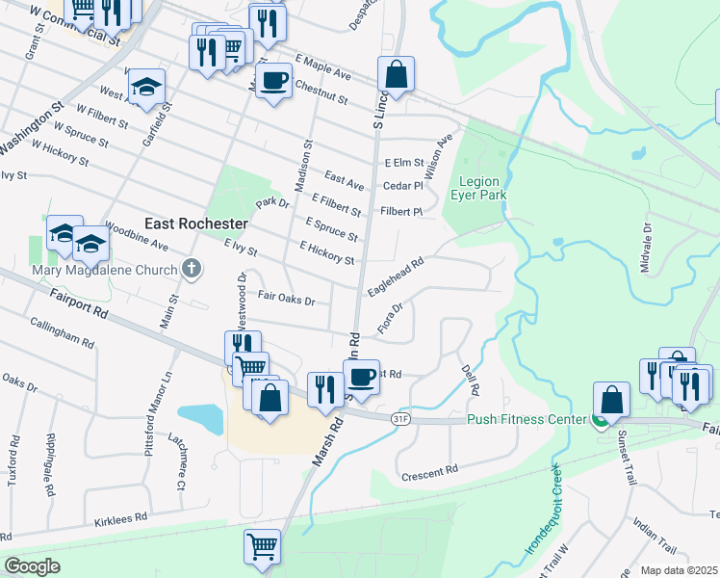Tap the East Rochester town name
coord(195,223)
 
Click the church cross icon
coord(192,269)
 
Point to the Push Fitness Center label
coord(526,420)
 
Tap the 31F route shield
coord(401,419)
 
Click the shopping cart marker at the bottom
coord(262,546)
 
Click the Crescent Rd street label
coord(428,473)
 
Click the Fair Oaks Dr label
coord(286,300)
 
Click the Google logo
coord(32,566)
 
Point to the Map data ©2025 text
coord(679,570)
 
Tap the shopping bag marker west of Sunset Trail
coord(611,399)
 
